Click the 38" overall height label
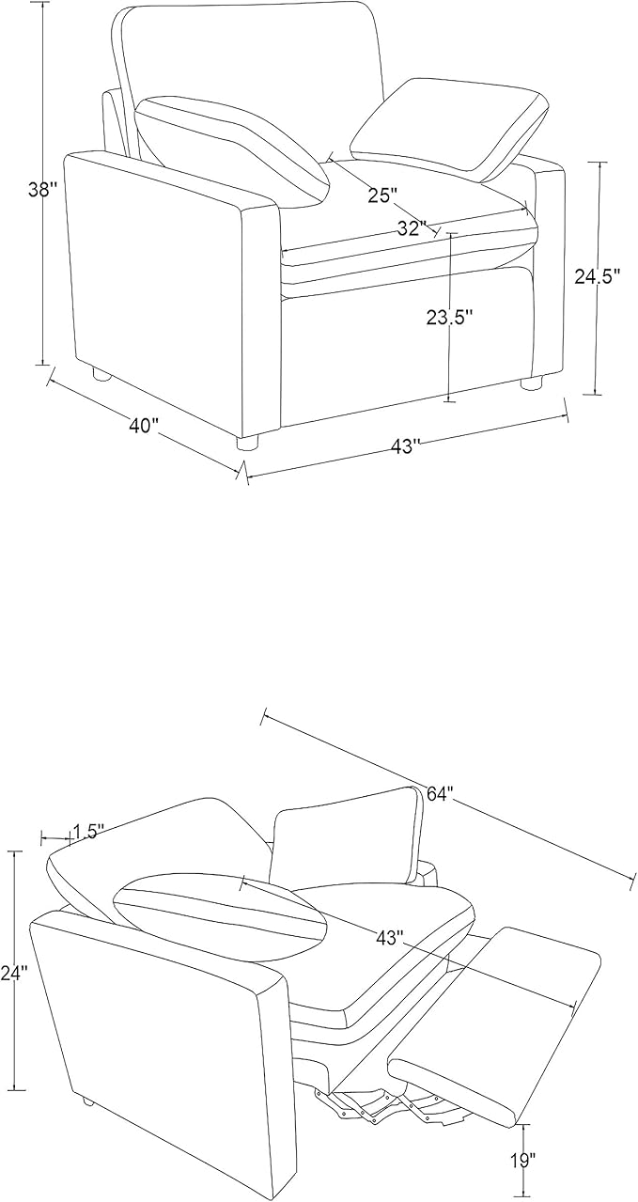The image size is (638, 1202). [x=43, y=190]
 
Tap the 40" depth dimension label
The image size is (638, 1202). [x=144, y=427]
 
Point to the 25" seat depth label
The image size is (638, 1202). [x=382, y=195]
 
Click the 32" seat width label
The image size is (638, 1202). [x=412, y=228]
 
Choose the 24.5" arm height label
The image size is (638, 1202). [x=598, y=276]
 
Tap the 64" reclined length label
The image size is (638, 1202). [x=441, y=792]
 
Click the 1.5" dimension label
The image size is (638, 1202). [x=87, y=831]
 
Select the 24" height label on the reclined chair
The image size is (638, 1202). [x=13, y=971]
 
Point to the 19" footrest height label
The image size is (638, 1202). [x=522, y=1158]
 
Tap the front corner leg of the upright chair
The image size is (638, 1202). [x=247, y=443]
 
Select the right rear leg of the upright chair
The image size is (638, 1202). [x=531, y=383]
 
